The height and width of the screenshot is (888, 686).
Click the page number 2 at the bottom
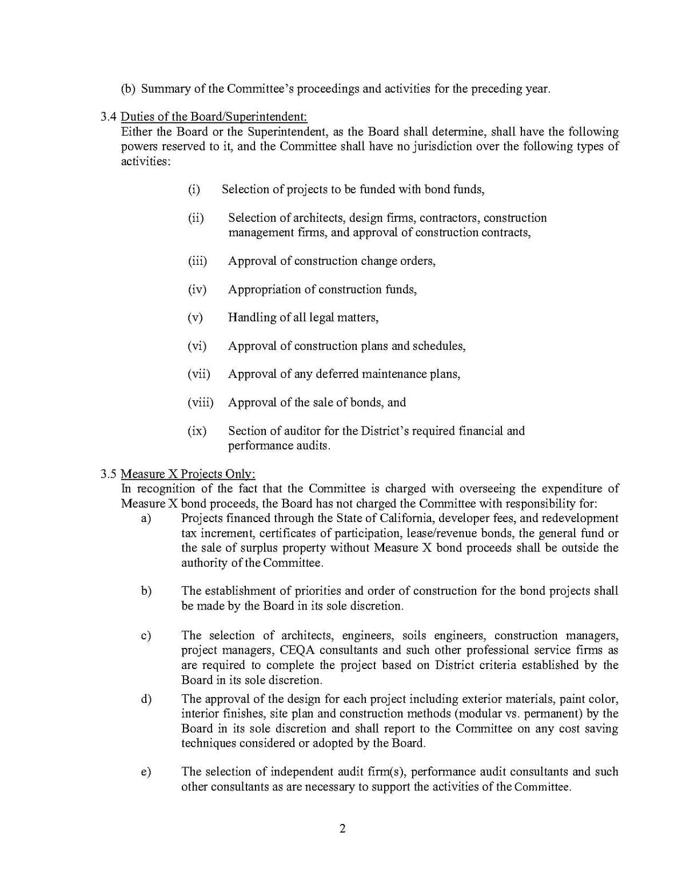click(342, 829)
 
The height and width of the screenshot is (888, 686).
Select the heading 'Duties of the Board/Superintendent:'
click(214, 117)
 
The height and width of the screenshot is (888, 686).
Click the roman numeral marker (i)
click(194, 189)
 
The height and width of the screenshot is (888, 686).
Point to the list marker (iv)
click(197, 289)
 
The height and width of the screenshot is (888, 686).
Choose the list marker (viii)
click(200, 403)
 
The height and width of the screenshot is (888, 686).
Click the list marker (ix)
click(197, 431)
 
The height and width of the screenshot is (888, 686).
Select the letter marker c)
click(146, 636)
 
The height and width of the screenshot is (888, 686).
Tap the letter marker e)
click(146, 772)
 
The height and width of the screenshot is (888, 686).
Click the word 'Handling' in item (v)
click(252, 317)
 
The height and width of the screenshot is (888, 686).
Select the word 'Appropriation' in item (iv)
click(265, 289)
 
